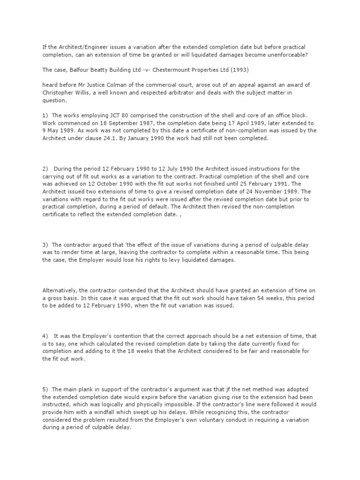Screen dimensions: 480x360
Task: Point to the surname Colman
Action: click(x=128, y=84)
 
